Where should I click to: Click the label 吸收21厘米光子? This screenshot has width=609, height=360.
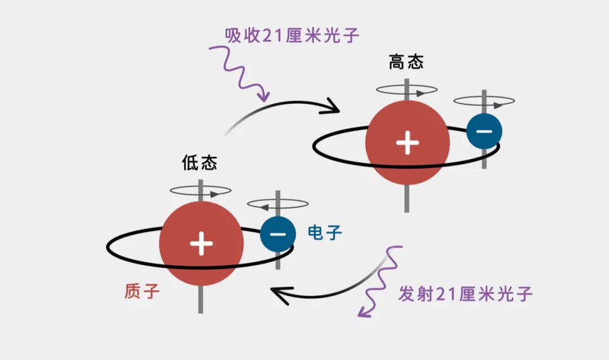pyautogui.click(x=292, y=36)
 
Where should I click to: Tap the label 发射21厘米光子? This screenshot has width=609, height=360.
pyautogui.click(x=465, y=294)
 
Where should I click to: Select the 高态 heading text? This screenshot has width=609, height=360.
pyautogui.click(x=406, y=62)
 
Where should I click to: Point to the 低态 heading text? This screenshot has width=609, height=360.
pyautogui.click(x=199, y=163)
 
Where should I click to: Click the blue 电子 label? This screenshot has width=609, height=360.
pyautogui.click(x=325, y=232)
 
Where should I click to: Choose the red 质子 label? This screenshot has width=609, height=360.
pyautogui.click(x=142, y=291)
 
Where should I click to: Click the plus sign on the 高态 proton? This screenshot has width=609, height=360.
pyautogui.click(x=407, y=143)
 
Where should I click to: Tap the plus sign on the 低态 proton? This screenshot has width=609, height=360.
pyautogui.click(x=201, y=244)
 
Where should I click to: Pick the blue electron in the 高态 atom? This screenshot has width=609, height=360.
pyautogui.click(x=484, y=131)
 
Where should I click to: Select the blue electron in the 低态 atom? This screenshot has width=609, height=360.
pyautogui.click(x=278, y=234)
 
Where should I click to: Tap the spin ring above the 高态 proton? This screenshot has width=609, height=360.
pyautogui.click(x=407, y=89)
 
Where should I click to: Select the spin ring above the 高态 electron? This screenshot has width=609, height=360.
pyautogui.click(x=484, y=102)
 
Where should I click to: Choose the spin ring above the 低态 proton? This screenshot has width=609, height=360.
pyautogui.click(x=201, y=191)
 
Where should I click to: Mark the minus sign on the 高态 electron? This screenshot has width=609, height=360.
pyautogui.click(x=484, y=131)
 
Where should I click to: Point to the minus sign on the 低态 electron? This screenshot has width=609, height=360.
pyautogui.click(x=278, y=234)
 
